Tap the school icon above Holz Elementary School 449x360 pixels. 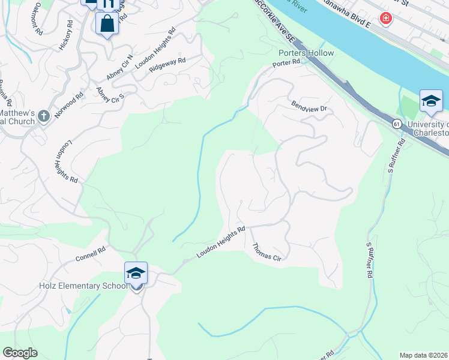[136, 274]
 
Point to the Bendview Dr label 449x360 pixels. [309, 105]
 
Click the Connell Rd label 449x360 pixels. [90, 254]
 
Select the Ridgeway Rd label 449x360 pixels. [167, 65]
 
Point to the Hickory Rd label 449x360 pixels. [65, 35]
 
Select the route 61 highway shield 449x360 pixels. [397, 123]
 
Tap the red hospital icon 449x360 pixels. [385, 19]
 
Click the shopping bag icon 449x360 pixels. [107, 25]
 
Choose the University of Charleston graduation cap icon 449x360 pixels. [431, 100]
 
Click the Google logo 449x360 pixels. [20, 353]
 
